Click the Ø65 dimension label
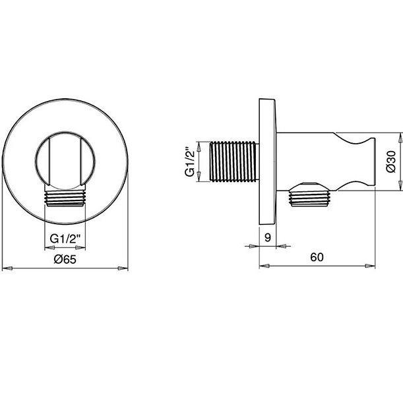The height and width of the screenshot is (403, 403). click(x=65, y=259)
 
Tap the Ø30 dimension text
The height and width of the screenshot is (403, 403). click(x=390, y=161)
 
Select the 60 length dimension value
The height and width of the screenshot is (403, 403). click(x=317, y=257)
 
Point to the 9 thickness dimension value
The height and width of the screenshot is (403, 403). click(x=267, y=237)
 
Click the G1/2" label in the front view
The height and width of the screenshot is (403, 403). click(x=65, y=238)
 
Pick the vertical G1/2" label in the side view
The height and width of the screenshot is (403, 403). click(x=190, y=162)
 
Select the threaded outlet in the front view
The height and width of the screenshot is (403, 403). click(x=65, y=198)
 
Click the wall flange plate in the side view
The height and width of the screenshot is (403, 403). click(x=268, y=161)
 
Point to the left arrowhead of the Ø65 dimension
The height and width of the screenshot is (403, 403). click(x=7, y=268)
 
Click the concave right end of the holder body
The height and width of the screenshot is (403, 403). click(x=367, y=161)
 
